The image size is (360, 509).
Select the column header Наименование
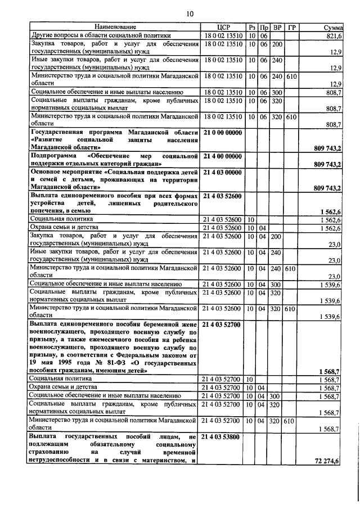pos(115,28)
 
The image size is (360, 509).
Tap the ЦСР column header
pos(221,28)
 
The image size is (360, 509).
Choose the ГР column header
pos(291,28)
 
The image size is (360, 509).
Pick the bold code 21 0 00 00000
pos(222,132)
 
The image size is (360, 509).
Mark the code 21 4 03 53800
pos(222,436)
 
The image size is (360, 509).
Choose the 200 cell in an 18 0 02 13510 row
pos(277,44)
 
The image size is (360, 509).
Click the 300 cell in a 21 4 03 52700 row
pos(277,395)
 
